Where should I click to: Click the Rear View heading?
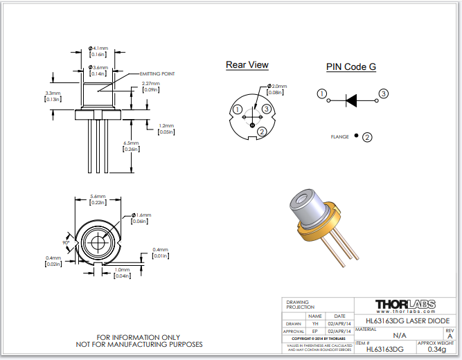[x=247, y=65]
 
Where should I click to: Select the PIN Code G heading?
[x=351, y=67]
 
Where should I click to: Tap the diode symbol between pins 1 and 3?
[x=351, y=100]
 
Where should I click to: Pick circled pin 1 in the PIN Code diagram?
[x=321, y=93]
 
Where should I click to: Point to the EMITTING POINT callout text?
[x=157, y=73]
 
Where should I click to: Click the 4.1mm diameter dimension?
[x=99, y=48]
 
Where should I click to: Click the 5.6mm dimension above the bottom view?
[x=98, y=197]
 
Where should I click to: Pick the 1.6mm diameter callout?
[x=141, y=216]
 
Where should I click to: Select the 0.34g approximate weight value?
[x=436, y=350]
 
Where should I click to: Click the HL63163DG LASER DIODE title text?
[x=404, y=321]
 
